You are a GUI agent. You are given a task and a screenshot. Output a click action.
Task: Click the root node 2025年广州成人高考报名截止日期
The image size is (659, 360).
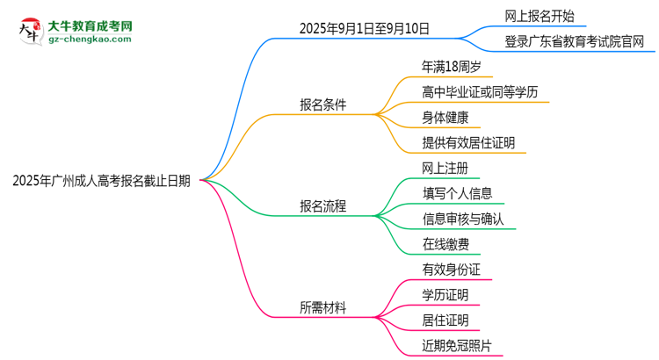[102, 182]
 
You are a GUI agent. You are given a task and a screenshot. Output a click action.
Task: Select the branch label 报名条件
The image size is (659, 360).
[323, 104]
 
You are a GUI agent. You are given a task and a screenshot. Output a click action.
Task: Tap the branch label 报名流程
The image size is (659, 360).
[323, 207]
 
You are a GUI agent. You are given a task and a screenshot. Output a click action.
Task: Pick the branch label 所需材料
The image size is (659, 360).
[323, 308]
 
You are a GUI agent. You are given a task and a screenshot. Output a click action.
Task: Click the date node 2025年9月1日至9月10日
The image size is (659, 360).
[365, 28]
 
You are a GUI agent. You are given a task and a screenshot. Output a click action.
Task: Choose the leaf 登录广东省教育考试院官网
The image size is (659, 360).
[580, 40]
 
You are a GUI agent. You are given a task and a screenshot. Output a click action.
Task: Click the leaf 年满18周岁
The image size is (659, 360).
[452, 66]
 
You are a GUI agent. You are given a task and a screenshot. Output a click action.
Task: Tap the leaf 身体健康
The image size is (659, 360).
[445, 117]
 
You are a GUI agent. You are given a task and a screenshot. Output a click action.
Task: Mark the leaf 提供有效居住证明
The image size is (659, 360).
[469, 142]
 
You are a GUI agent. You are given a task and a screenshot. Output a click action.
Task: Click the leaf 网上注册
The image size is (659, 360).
[445, 168]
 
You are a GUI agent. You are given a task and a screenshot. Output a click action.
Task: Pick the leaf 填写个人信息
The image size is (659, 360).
[457, 193]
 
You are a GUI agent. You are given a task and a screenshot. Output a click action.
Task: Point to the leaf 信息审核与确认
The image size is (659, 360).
[463, 219]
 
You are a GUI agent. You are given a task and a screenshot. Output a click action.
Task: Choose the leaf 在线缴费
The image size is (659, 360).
[445, 244]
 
